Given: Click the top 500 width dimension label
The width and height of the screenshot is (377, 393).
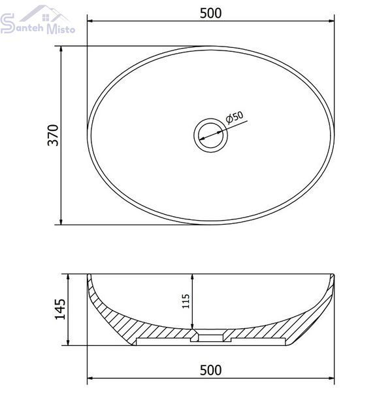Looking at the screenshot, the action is tap(210, 13).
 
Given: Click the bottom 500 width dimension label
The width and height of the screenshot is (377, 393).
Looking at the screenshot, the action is tap(210, 370).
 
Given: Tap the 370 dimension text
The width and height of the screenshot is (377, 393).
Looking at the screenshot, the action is tap(53, 135).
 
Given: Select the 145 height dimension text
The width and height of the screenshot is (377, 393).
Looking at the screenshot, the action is tap(60, 309).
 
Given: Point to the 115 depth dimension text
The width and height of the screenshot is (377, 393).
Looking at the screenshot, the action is tap(186, 301).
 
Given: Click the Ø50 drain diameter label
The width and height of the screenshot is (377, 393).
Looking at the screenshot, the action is tap(235, 117).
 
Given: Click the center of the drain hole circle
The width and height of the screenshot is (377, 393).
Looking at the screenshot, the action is tap(211, 136).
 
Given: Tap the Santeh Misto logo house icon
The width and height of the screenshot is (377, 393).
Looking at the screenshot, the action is tap(44, 14).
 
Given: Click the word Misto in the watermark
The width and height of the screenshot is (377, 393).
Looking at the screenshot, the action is tap(61, 28).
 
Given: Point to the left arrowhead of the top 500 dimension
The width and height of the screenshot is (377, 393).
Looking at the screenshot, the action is tap(90, 21).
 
